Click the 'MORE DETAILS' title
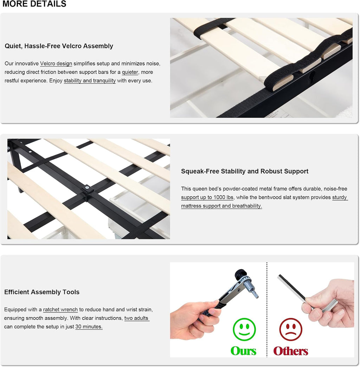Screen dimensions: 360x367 [34, 4]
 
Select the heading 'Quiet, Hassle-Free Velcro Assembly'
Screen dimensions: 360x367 [59, 46]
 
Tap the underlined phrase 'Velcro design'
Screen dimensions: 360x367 [56, 64]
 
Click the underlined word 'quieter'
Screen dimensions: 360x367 [130, 72]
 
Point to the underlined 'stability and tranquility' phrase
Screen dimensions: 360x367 [90, 81]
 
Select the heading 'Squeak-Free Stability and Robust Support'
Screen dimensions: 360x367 [245, 171]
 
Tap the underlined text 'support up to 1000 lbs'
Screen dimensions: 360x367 [207, 197]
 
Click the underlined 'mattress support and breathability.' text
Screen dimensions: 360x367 [221, 206]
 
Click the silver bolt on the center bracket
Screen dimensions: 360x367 [87, 187]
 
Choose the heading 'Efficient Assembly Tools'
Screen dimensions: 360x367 [42, 292]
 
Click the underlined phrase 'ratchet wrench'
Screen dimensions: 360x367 [60, 310]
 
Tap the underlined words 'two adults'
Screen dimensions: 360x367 [137, 318]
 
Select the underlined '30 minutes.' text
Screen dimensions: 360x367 [89, 327]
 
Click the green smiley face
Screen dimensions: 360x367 [244, 329]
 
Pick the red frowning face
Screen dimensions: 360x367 [291, 329]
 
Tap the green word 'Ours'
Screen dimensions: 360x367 [243, 351]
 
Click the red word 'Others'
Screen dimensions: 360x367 [291, 351]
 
